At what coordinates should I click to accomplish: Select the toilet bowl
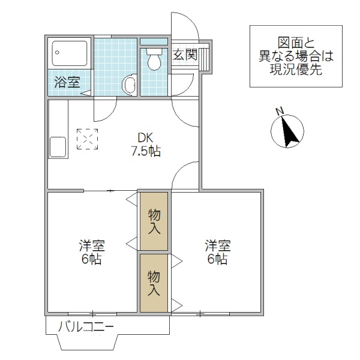tap(154, 60)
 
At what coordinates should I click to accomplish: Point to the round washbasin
tap(129, 85)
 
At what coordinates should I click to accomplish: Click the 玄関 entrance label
tap(185, 55)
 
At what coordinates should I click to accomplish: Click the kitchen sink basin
tap(58, 146)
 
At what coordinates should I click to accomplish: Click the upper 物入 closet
tap(155, 221)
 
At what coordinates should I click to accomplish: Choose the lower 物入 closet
tap(155, 283)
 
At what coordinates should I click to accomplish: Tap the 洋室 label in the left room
tap(91, 246)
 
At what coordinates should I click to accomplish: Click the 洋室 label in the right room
tap(217, 246)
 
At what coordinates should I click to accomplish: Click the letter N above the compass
tap(278, 111)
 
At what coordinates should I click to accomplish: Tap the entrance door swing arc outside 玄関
tap(187, 24)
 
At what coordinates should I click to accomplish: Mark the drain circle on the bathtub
tap(57, 52)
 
